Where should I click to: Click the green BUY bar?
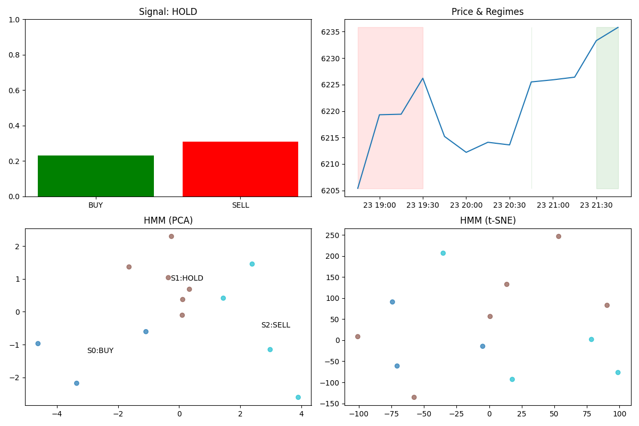[96, 176]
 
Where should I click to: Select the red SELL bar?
[241, 169]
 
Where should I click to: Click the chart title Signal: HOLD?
[168, 12]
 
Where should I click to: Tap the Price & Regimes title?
[488, 12]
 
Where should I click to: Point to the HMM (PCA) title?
[168, 220]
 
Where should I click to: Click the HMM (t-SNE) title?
[488, 220]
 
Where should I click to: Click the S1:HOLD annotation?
[187, 278]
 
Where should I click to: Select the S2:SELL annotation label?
[276, 325]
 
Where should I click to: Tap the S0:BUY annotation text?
[101, 351]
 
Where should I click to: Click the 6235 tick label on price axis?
[330, 32]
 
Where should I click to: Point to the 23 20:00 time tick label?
[466, 205]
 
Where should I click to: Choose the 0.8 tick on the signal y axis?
[14, 55]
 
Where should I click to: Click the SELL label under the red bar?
[241, 205]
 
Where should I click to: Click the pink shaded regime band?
[390, 108]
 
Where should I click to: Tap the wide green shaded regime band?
[608, 108]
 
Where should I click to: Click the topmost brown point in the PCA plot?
[171, 236]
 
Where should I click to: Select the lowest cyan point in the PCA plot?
[298, 397]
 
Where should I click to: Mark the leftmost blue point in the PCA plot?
[38, 343]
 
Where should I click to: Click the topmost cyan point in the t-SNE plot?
[443, 253]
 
